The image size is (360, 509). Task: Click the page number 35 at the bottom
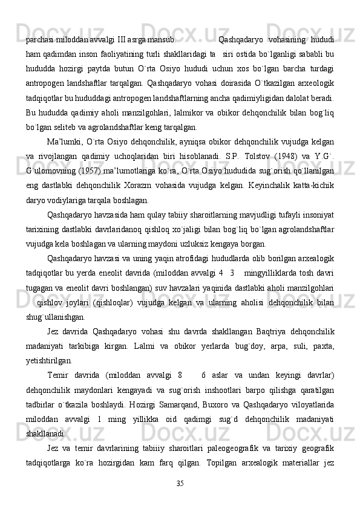point(180,482)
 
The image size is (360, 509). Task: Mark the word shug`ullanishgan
point(55,315)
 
